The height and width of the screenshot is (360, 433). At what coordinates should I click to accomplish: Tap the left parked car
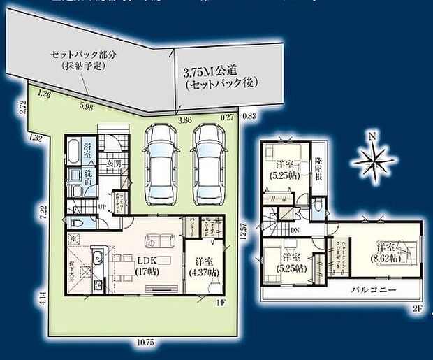(x=162, y=161)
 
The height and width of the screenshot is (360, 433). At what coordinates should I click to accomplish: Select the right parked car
(x=210, y=161)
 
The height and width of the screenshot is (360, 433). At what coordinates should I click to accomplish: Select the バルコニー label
(x=374, y=289)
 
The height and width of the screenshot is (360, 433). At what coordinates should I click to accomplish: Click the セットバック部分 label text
(x=76, y=59)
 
